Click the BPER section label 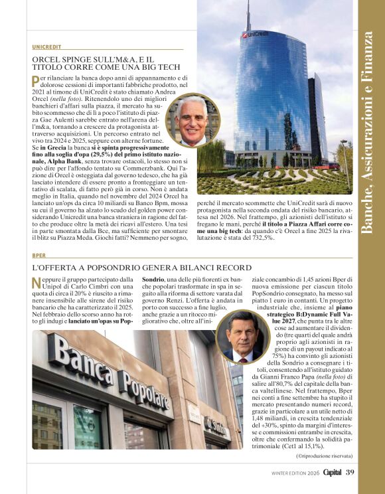(x=38, y=255)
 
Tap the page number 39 (x=350, y=472)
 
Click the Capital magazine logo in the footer (x=333, y=472)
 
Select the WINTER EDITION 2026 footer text (x=295, y=473)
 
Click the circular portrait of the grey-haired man (x=193, y=120)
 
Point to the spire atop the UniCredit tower (x=249, y=13)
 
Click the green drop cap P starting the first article (x=35, y=81)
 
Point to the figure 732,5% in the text (x=260, y=237)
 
